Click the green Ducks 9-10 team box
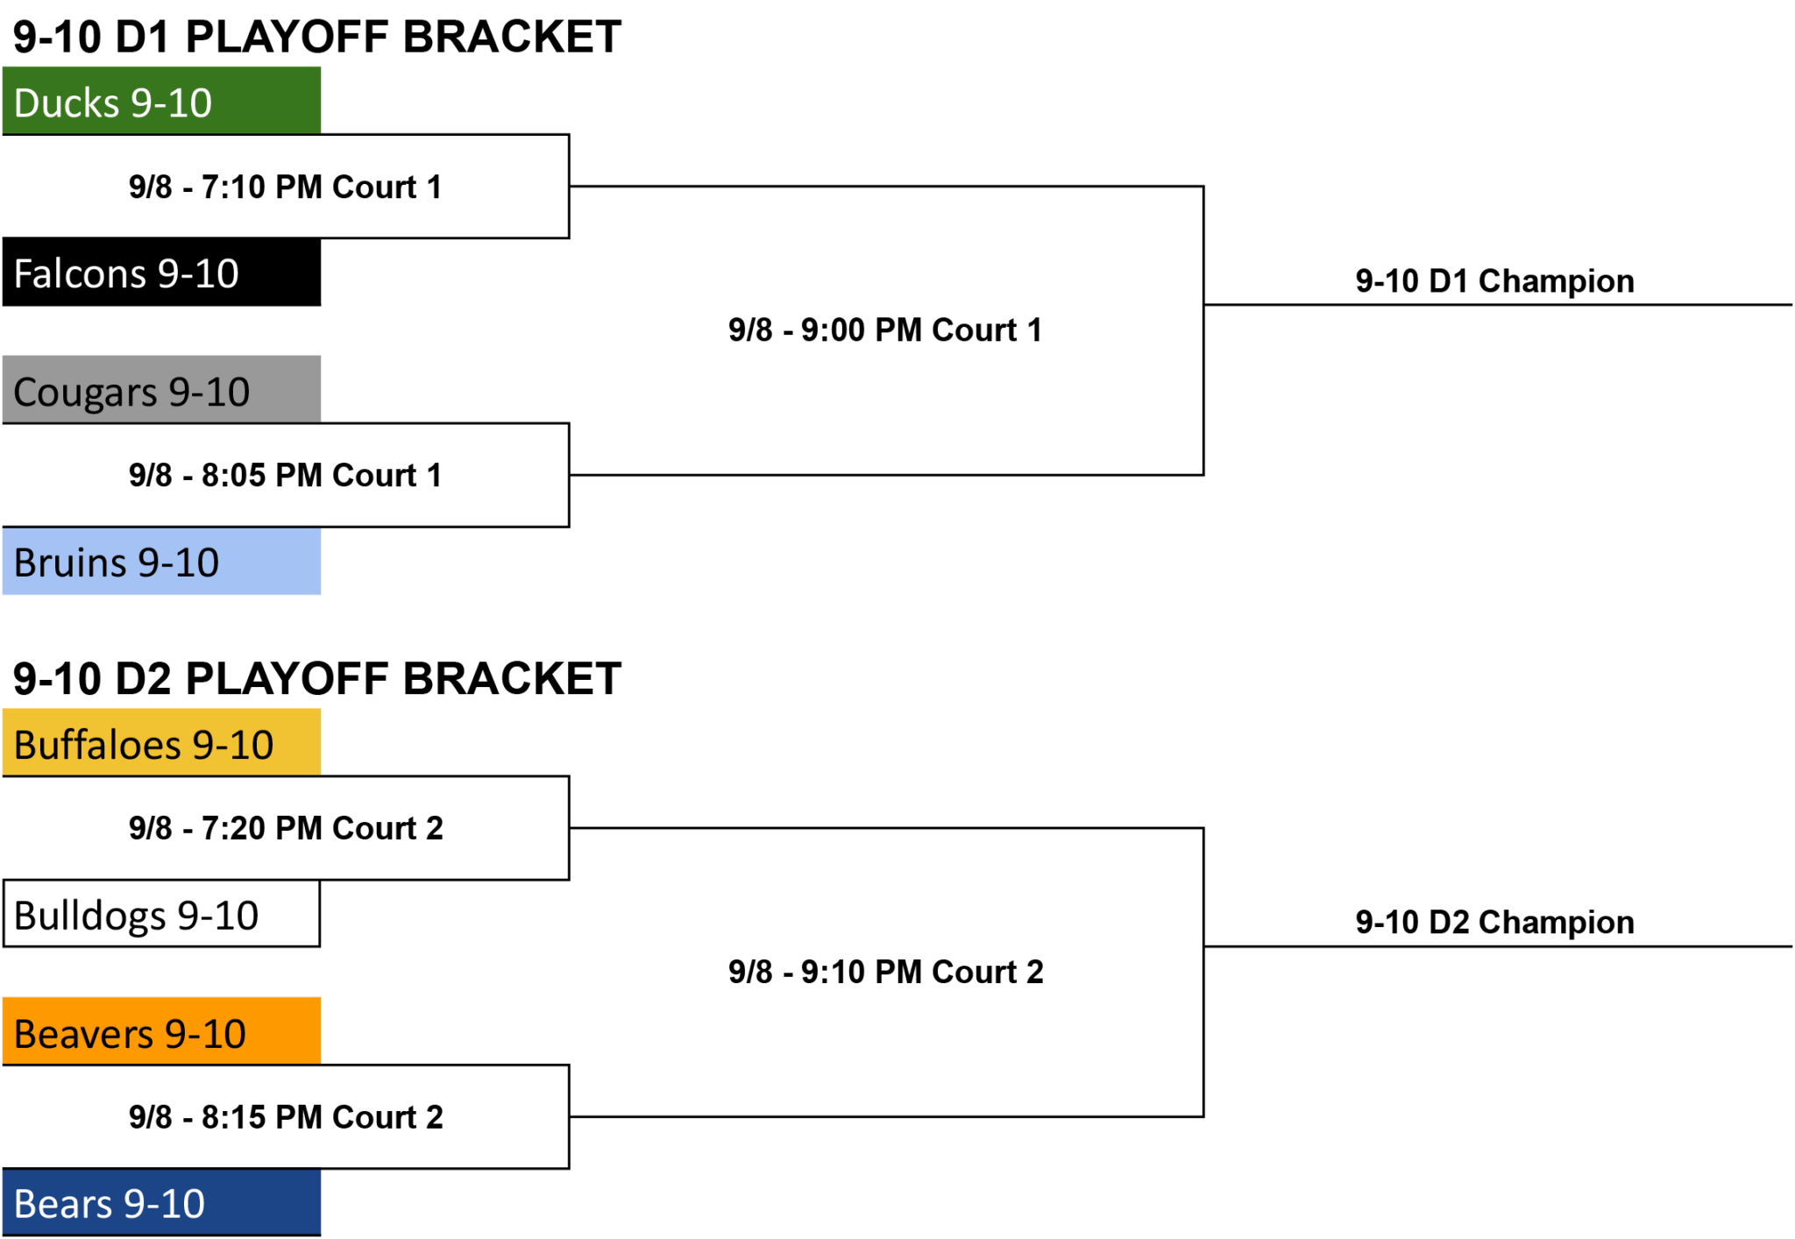(x=161, y=101)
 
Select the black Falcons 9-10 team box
(x=161, y=273)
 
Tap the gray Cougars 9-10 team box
(x=161, y=390)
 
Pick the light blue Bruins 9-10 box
(x=161, y=561)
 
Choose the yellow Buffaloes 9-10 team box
(x=161, y=743)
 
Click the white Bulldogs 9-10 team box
(x=161, y=914)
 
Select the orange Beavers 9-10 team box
(x=161, y=1031)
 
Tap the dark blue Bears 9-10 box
(x=161, y=1202)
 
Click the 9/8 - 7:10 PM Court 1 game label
(x=286, y=187)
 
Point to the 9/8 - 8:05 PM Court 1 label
(x=286, y=475)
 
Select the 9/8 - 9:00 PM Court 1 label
(x=885, y=329)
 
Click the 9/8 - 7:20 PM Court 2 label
(x=286, y=828)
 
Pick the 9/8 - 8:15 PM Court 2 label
(x=286, y=1117)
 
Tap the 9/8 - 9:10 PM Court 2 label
(x=886, y=972)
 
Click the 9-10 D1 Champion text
(x=1495, y=281)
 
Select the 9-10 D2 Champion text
(x=1495, y=923)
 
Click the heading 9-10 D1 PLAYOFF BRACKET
(x=317, y=37)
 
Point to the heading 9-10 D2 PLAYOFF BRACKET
(x=317, y=678)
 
